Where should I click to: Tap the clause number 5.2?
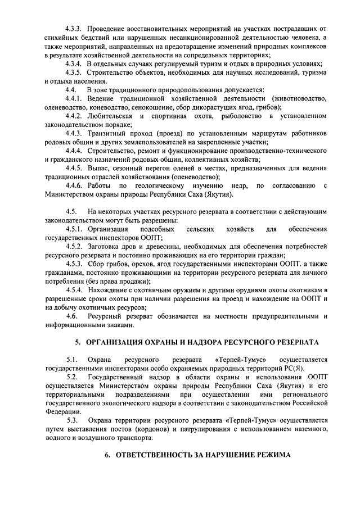coord(71,377)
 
